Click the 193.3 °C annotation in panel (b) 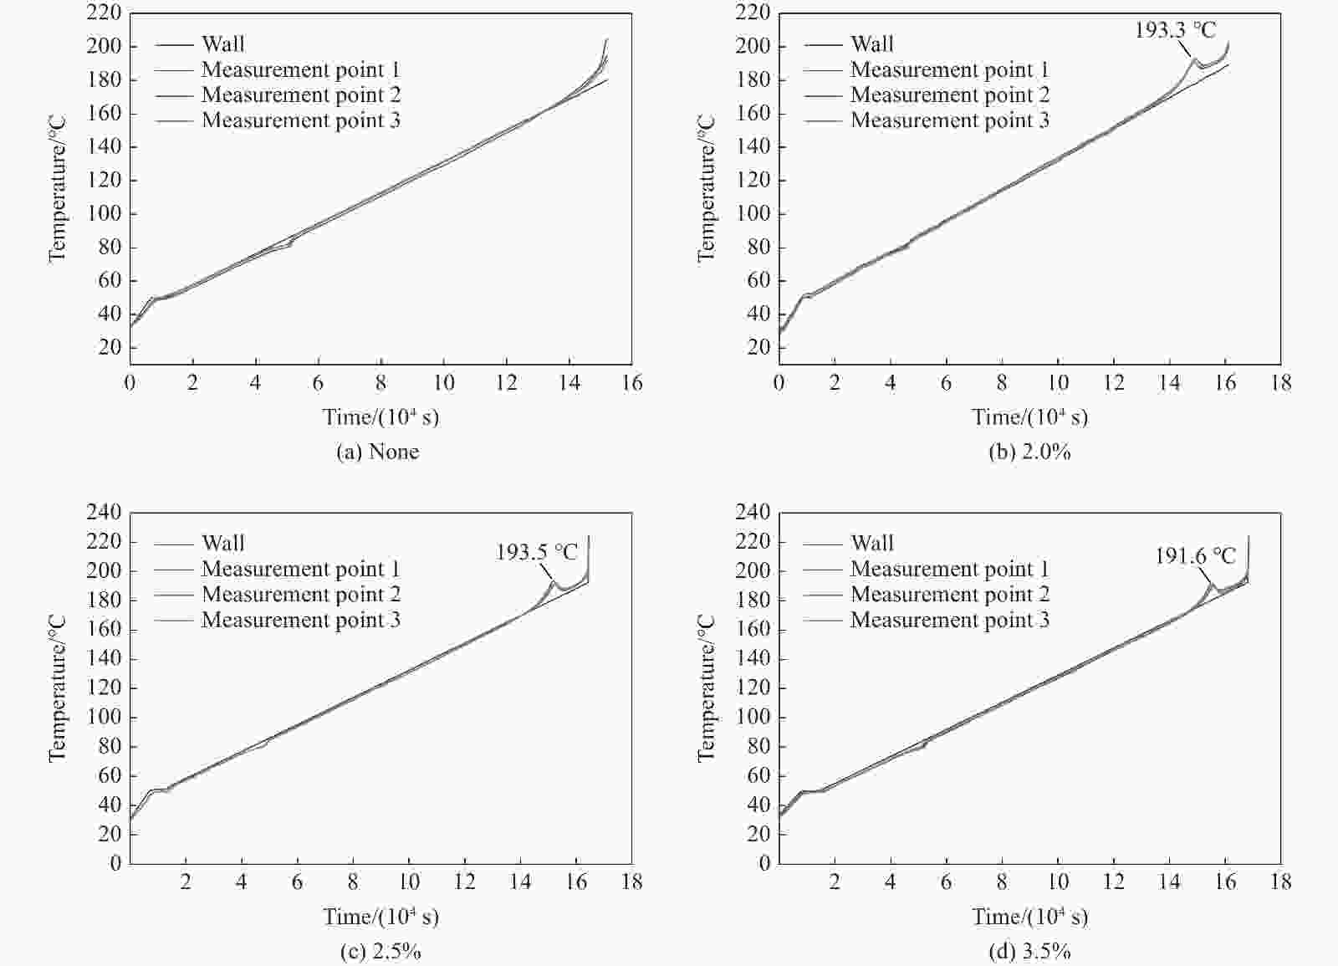(x=1175, y=31)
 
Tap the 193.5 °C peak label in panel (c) (x=536, y=553)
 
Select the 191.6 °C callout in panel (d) (x=1195, y=557)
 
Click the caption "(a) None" (x=377, y=452)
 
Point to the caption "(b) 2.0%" (x=1029, y=452)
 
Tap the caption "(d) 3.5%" (x=1029, y=952)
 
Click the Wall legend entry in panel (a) (x=222, y=44)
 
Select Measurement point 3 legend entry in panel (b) (x=949, y=120)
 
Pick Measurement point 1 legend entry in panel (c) (x=300, y=570)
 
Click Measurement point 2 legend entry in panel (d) (x=949, y=595)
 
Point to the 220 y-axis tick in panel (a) (x=104, y=13)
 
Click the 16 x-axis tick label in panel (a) (x=632, y=383)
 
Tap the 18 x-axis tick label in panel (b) (x=1280, y=383)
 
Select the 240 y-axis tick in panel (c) (x=104, y=512)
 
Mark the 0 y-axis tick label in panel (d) (x=763, y=863)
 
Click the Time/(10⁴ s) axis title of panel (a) (x=380, y=417)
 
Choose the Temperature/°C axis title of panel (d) (x=707, y=688)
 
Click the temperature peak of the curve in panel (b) (x=1194, y=59)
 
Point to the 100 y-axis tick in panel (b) (x=753, y=214)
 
